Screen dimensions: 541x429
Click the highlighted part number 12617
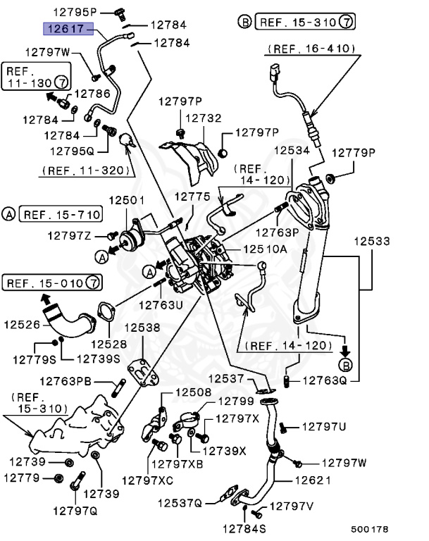pyautogui.click(x=64, y=28)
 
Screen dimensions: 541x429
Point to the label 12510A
pyautogui.click(x=265, y=249)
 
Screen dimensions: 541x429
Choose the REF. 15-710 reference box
pyautogui.click(x=60, y=213)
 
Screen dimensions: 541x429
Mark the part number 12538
pyautogui.click(x=142, y=328)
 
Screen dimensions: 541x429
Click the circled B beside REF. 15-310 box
pyautogui.click(x=244, y=23)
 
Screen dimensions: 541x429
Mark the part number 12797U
pyautogui.click(x=324, y=426)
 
